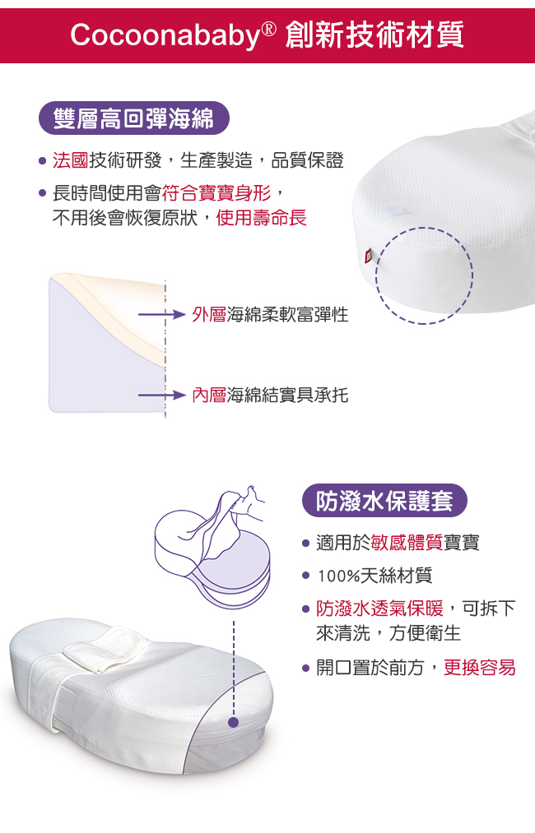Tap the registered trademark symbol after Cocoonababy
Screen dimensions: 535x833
click(x=269, y=30)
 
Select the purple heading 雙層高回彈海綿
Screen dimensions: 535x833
click(x=133, y=118)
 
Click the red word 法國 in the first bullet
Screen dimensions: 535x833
click(x=70, y=160)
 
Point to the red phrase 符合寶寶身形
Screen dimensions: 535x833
click(x=216, y=192)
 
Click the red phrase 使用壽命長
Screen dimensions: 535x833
click(x=261, y=217)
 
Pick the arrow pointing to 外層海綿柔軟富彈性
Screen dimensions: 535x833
click(x=161, y=315)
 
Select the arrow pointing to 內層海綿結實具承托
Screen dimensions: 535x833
click(x=161, y=396)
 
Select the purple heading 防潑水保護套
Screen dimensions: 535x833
click(x=384, y=501)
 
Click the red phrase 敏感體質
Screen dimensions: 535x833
click(x=407, y=543)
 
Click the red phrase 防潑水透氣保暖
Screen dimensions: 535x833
click(x=379, y=608)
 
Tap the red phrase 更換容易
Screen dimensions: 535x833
click(x=480, y=667)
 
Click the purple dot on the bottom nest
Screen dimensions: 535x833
click(x=233, y=723)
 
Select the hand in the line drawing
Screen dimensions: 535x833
click(x=249, y=505)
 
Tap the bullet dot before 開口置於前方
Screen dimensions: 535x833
click(x=306, y=668)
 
